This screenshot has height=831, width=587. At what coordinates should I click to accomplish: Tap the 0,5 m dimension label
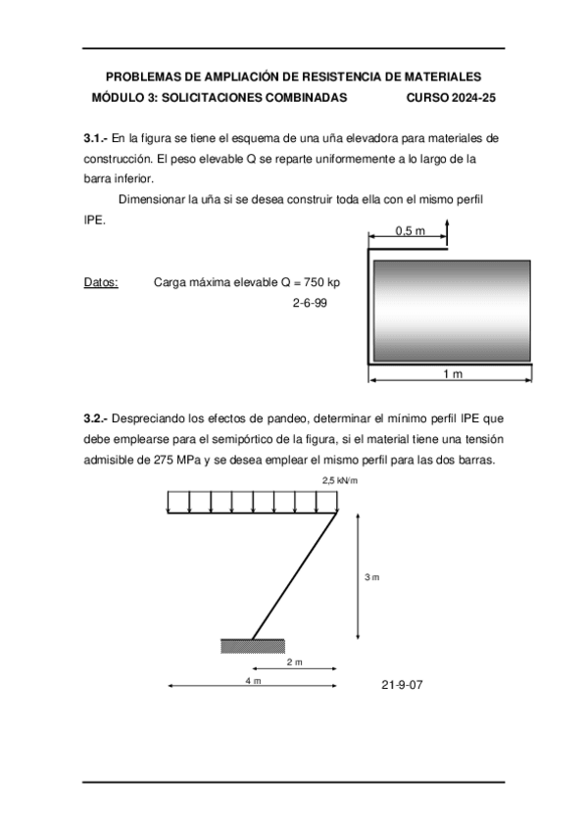click(410, 230)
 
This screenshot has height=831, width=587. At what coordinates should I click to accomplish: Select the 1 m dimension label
click(452, 374)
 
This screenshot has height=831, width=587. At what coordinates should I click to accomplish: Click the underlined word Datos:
click(101, 282)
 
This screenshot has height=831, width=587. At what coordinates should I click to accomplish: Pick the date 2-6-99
click(310, 304)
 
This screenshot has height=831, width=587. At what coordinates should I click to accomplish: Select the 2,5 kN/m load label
click(340, 480)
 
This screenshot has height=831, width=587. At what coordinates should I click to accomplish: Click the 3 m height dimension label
click(371, 578)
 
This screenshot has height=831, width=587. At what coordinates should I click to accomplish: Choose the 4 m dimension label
click(253, 680)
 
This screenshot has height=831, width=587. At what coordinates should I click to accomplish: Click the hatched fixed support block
click(253, 646)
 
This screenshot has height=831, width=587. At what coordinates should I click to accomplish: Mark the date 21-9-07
click(402, 683)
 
